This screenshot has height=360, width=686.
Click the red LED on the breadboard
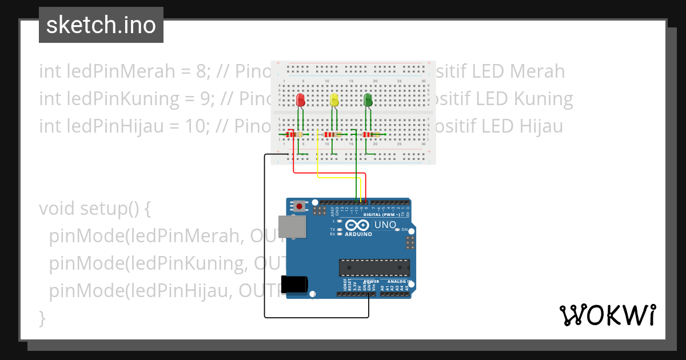pyautogui.click(x=301, y=101)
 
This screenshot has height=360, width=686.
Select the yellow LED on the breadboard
pyautogui.click(x=335, y=101)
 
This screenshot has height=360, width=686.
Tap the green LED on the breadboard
pyautogui.click(x=368, y=101)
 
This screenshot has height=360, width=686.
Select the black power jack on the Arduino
pyautogui.click(x=294, y=285)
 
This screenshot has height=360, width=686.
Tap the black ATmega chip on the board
pyautogui.click(x=374, y=267)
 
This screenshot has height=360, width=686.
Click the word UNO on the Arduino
pyautogui.click(x=385, y=225)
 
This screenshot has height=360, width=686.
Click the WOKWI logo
pyautogui.click(x=607, y=315)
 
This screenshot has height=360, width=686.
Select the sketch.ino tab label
pyautogui.click(x=101, y=25)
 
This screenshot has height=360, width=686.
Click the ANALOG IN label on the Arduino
pyautogui.click(x=397, y=281)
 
